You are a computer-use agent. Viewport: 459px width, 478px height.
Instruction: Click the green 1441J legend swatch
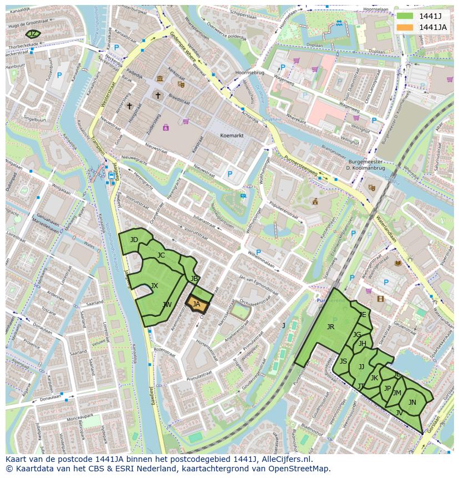[x=405, y=16]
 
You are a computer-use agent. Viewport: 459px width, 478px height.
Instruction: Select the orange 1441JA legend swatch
[x=405, y=27]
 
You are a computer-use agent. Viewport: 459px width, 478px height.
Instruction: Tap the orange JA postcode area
[x=197, y=304]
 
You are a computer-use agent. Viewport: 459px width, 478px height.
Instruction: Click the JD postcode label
[x=134, y=240]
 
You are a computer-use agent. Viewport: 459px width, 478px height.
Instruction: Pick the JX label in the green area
[x=154, y=286]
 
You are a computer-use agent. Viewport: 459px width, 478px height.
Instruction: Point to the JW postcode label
[x=167, y=305]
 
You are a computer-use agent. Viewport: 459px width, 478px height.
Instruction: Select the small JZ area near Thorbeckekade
[x=33, y=34]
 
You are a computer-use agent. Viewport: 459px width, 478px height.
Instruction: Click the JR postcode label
[x=330, y=327]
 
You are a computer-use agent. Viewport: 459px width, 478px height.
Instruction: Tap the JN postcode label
[x=412, y=402]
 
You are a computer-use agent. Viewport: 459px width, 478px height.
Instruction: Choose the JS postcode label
[x=343, y=361]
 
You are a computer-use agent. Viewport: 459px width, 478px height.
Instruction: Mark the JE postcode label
[x=363, y=314]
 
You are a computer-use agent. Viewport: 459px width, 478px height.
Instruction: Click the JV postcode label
[x=399, y=412]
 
